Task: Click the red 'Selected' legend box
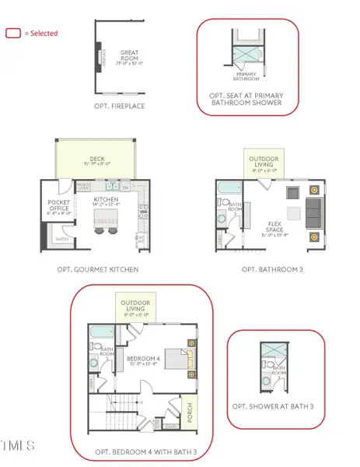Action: click(x=12, y=33)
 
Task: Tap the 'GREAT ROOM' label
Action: click(x=128, y=56)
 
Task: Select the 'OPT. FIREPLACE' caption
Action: click(x=128, y=105)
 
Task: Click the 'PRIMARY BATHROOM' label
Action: click(x=246, y=78)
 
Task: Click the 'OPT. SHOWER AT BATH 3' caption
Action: click(x=274, y=406)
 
